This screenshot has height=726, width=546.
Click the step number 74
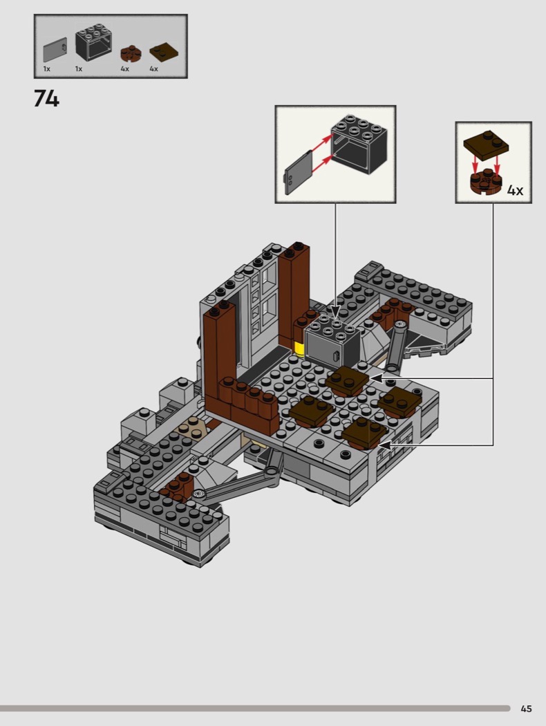[46, 98]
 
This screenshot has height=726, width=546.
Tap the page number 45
[526, 709]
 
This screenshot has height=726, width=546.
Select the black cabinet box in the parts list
[94, 43]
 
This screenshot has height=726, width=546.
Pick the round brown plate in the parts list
[131, 54]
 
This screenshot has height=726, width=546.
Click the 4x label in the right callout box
[515, 190]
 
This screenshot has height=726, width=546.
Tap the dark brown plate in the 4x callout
[486, 145]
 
